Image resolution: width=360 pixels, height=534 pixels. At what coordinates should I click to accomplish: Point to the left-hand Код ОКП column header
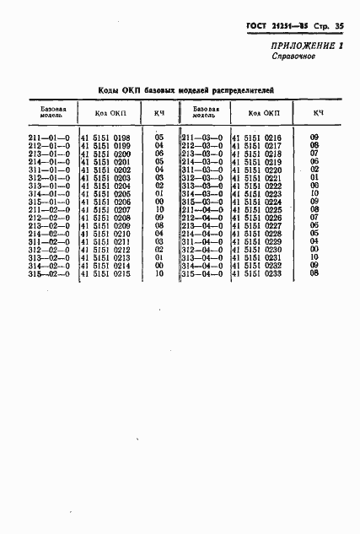tap(110, 112)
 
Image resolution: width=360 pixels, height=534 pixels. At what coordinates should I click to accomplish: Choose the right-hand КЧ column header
tap(318, 112)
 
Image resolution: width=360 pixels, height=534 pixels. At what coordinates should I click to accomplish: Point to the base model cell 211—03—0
tap(202, 138)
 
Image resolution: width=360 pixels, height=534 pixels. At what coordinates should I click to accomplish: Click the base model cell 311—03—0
tap(202, 170)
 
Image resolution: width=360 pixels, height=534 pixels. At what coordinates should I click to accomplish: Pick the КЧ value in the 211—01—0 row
tap(159, 138)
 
